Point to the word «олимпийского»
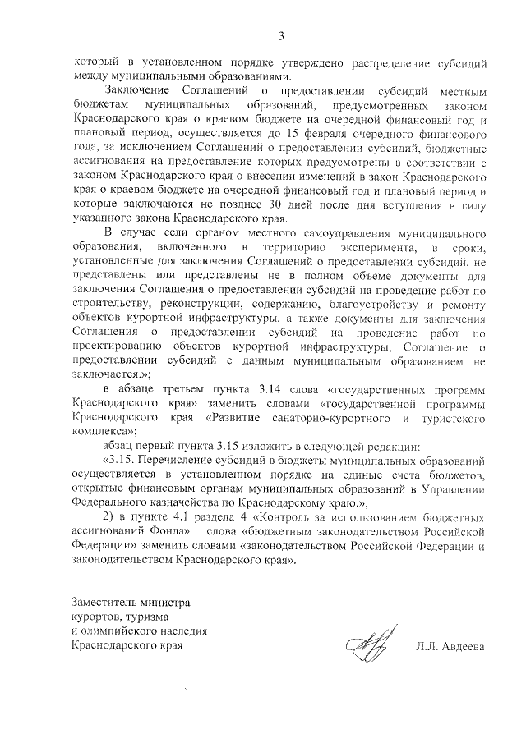tap(120, 631)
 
